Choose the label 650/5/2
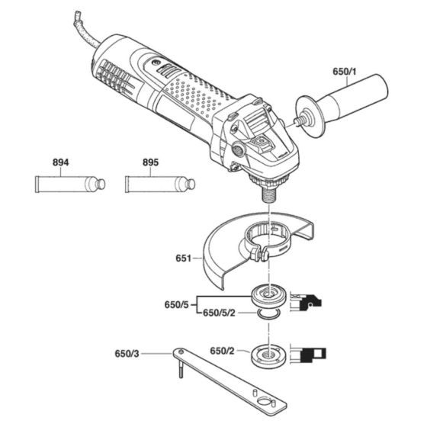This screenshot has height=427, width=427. point(223,313)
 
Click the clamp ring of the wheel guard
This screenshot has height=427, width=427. point(267,239)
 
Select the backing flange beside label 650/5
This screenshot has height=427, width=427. point(269,294)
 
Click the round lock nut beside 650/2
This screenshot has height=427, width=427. point(269,354)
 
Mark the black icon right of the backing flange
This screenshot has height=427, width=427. point(314,303)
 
